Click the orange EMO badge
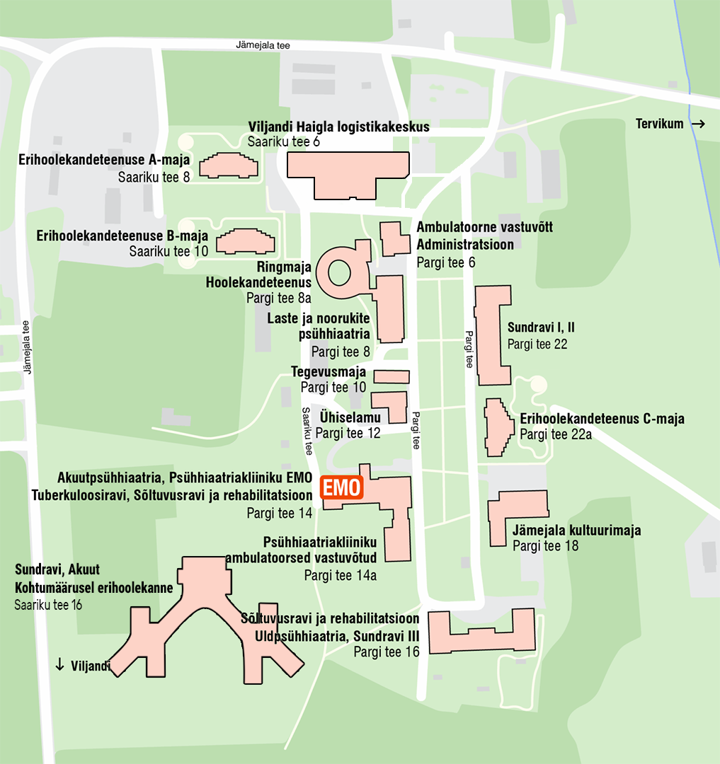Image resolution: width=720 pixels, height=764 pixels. [x=342, y=488]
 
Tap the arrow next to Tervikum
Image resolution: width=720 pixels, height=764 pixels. [x=699, y=125]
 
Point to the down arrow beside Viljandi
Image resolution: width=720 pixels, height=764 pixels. [x=60, y=664]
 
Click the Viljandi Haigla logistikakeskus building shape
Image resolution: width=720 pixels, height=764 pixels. [x=347, y=173]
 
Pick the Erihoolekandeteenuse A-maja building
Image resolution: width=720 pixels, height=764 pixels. [x=229, y=166]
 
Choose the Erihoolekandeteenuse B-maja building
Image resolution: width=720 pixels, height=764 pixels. [x=245, y=241]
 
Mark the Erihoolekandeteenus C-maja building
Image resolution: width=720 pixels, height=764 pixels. [x=498, y=427]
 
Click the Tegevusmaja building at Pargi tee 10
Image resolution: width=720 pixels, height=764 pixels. [x=391, y=376]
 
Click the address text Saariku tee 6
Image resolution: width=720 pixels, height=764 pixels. [x=284, y=141]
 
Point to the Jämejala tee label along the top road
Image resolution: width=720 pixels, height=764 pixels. [x=263, y=45]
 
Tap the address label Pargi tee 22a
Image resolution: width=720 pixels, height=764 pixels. [x=555, y=434]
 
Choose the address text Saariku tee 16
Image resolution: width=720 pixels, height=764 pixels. [x=49, y=605]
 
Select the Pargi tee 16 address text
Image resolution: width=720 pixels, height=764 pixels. [x=386, y=652]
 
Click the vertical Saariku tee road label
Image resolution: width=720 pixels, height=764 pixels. [x=307, y=431]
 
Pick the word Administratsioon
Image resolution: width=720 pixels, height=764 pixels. [x=465, y=245]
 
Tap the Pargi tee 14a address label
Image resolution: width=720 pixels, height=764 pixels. [x=340, y=574]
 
